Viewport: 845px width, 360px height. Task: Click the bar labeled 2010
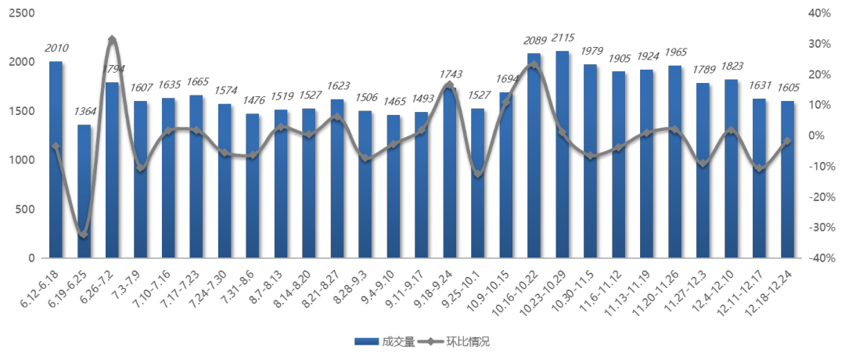56,160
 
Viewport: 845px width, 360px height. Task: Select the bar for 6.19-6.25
84,191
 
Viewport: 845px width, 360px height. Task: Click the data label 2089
534,40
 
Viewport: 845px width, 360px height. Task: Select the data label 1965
674,52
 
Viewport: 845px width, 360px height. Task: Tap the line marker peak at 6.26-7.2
112,39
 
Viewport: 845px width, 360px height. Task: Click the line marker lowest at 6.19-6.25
84,234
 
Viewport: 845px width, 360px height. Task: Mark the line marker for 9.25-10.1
477,174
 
